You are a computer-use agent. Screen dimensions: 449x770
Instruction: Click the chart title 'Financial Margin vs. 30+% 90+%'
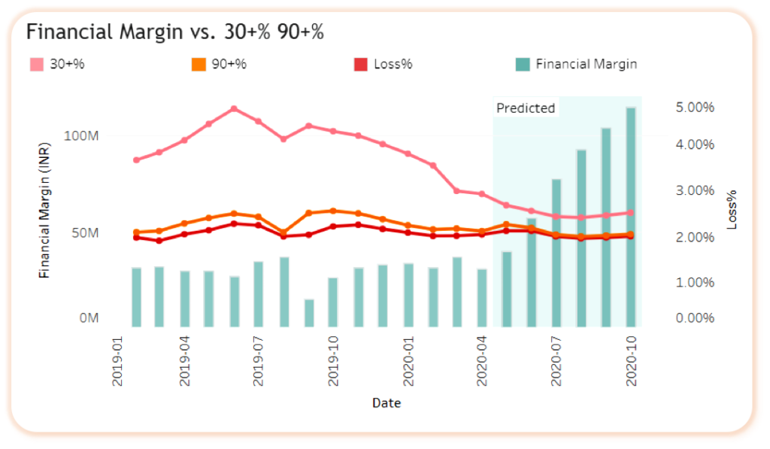[x=175, y=32]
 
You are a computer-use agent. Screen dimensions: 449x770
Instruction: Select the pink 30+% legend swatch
[x=36, y=64]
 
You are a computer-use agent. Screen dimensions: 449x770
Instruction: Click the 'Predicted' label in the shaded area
[x=526, y=108]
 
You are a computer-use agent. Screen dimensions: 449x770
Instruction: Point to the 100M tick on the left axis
[x=82, y=135]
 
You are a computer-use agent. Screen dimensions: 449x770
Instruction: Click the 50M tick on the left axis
[x=85, y=232]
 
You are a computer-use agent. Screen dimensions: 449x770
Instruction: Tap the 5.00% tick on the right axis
[x=693, y=108]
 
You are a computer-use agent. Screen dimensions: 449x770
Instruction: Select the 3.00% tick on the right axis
[x=693, y=190]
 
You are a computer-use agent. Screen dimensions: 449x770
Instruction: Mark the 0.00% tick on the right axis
[x=693, y=318]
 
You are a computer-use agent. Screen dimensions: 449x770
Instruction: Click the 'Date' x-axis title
[x=387, y=403]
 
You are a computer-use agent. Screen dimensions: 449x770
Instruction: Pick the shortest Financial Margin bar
[x=308, y=313]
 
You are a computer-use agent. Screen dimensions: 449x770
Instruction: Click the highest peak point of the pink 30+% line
[x=234, y=108]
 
